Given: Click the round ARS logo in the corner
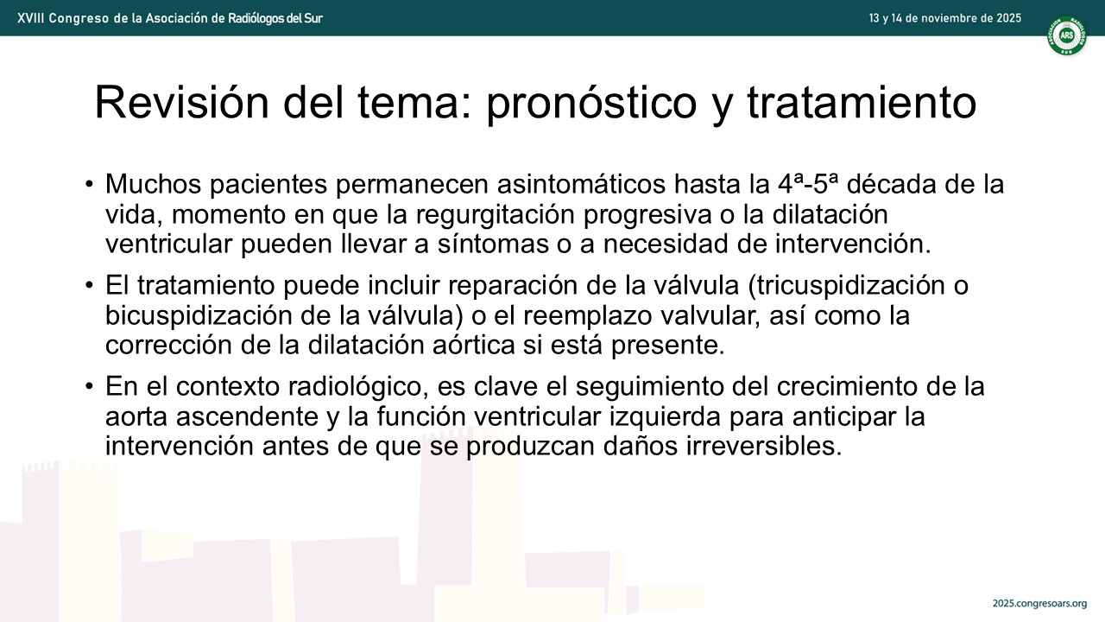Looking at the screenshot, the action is point(1067,35).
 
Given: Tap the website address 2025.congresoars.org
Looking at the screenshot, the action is point(1039,603).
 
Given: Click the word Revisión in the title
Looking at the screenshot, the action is point(181,102).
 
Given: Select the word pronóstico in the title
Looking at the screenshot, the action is point(591,103).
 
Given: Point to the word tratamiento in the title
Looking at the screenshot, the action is point(862,103).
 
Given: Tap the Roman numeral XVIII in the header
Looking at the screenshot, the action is point(30,18).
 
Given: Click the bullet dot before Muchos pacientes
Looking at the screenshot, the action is point(89,184).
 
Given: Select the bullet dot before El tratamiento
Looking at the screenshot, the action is point(89,285).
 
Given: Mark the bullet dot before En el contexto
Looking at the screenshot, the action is point(89,386).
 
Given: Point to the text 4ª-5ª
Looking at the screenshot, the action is point(808,184).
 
